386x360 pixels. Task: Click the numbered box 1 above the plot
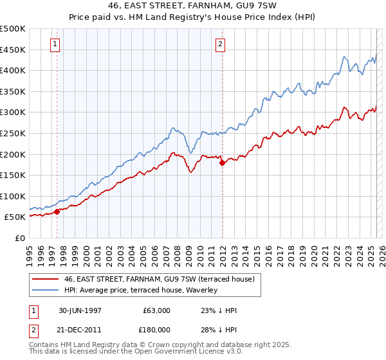click(x=55, y=44)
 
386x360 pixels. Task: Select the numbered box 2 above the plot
click(x=220, y=44)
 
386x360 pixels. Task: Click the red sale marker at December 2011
click(x=222, y=163)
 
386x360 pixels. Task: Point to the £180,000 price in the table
click(x=157, y=330)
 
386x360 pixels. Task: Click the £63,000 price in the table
click(x=157, y=310)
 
